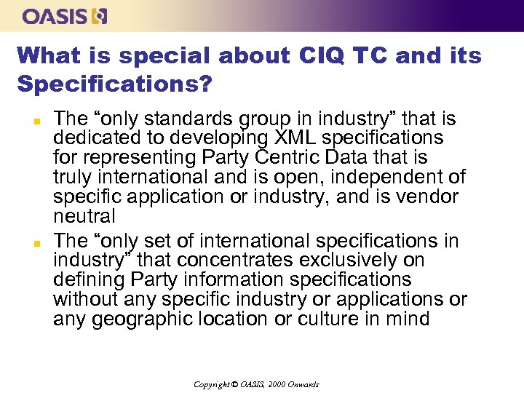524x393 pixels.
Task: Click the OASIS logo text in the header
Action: point(55,15)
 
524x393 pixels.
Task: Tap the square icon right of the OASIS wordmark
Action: point(99,15)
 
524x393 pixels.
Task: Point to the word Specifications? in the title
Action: point(114,84)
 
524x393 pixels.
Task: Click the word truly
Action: point(74,177)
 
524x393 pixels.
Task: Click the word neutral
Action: point(84,216)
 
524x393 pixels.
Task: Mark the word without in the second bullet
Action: point(86,299)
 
